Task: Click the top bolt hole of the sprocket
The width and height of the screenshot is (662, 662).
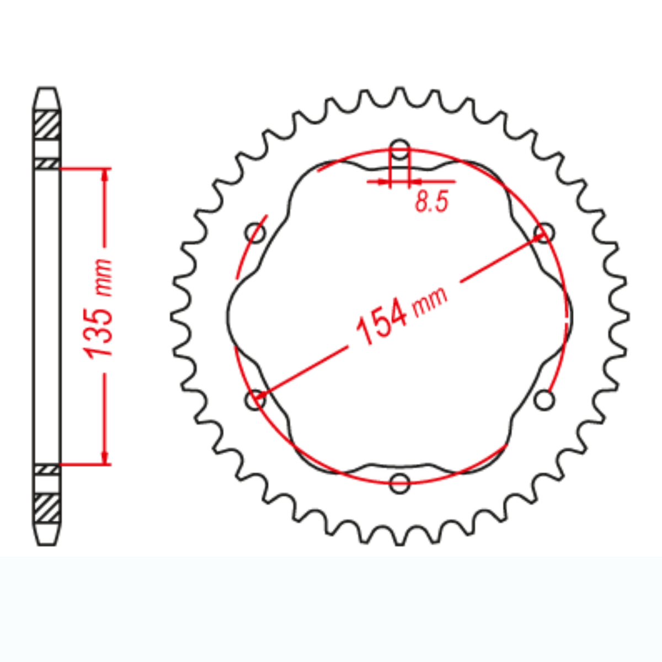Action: pos(400,148)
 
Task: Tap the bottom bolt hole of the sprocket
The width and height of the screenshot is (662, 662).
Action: pos(400,483)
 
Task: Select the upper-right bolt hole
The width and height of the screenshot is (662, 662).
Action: pos(545,232)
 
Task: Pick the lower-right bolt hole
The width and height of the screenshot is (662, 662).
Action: pos(545,399)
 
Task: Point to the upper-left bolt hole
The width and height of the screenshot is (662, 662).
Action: pos(255,232)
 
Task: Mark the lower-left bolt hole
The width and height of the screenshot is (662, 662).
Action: pos(255,399)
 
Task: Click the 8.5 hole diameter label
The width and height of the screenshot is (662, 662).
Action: pos(431,202)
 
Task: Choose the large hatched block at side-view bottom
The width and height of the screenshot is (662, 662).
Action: pos(47,508)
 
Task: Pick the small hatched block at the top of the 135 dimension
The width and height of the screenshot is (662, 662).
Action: pos(47,164)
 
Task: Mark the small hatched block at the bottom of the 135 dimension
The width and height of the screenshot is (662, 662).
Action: pos(47,469)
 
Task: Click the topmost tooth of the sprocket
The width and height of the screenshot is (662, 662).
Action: pos(400,94)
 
